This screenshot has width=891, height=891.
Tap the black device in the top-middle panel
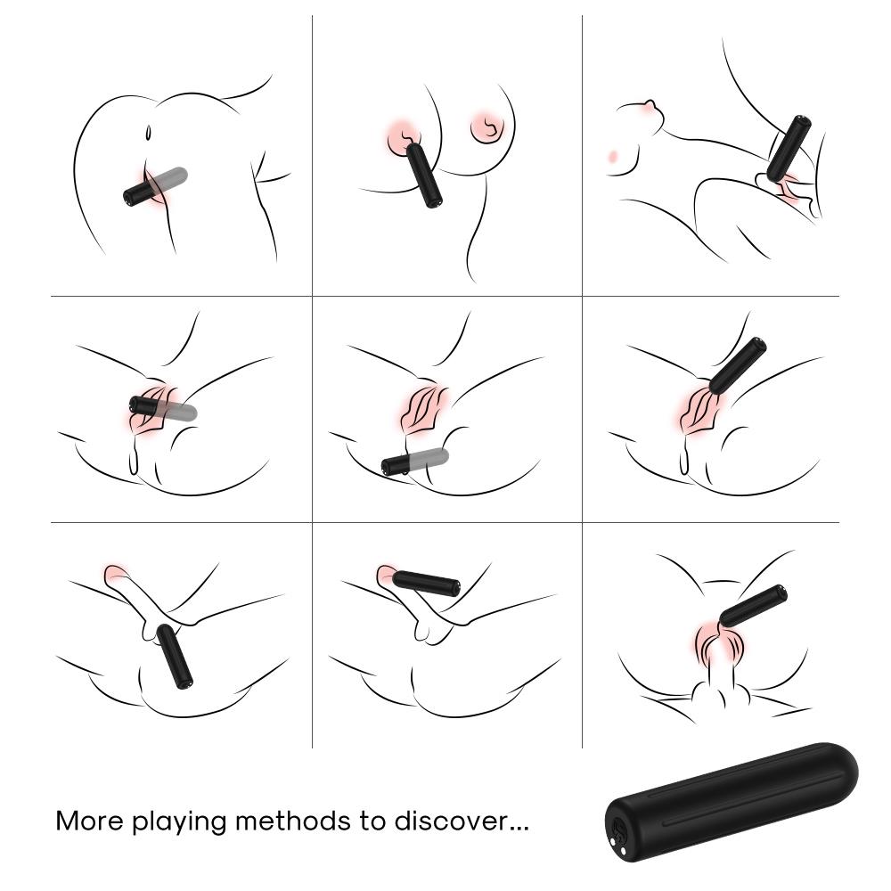[424, 175]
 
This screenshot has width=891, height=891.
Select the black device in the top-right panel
[789, 149]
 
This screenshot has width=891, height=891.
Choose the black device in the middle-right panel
[738, 366]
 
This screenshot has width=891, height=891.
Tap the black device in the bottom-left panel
[175, 657]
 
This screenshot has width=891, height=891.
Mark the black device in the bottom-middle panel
[426, 584]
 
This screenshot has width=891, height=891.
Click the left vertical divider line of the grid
[312, 381]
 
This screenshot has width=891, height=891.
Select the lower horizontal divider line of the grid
[445, 522]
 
